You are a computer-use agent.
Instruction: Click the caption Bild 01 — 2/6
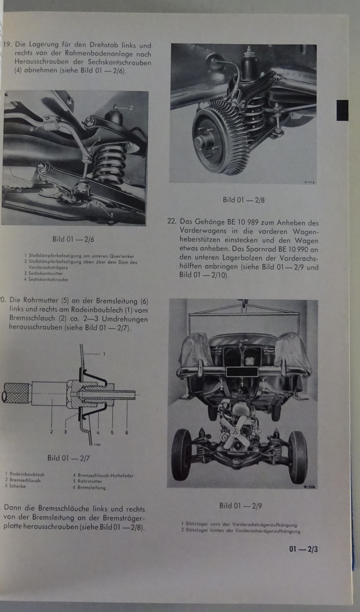click(73, 239)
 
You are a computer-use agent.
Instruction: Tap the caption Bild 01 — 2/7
click(68, 458)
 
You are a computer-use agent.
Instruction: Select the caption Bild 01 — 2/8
click(244, 200)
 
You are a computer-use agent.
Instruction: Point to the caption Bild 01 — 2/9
click(241, 506)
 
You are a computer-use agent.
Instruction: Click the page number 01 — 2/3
click(303, 549)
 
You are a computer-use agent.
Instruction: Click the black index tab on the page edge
click(342, 110)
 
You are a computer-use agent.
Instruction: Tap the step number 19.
click(7, 45)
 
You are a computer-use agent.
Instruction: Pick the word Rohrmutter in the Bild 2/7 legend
click(90, 481)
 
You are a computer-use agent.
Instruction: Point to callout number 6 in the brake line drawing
click(127, 433)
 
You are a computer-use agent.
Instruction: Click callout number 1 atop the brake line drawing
click(104, 354)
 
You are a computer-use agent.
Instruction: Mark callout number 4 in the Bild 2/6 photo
click(32, 129)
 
